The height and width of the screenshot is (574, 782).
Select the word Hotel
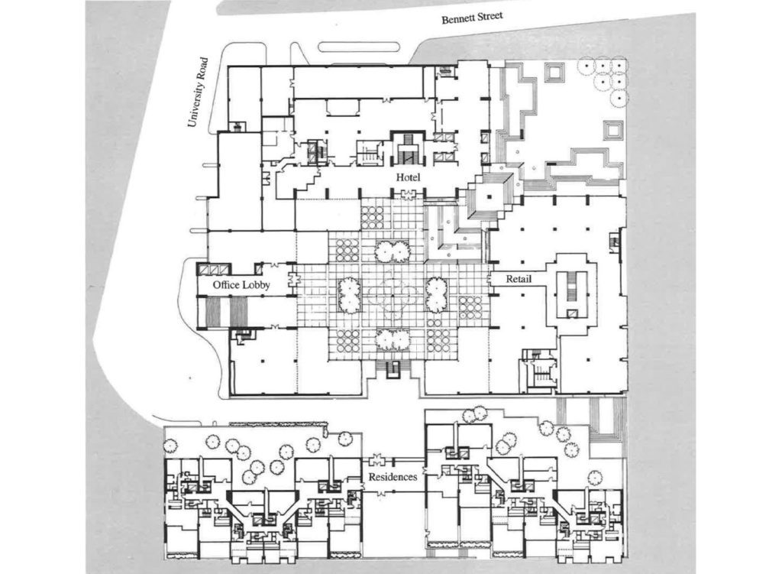(408, 177)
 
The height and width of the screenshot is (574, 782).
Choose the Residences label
(393, 476)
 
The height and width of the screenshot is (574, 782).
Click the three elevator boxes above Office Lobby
(213, 268)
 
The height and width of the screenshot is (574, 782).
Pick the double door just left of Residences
(375, 461)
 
